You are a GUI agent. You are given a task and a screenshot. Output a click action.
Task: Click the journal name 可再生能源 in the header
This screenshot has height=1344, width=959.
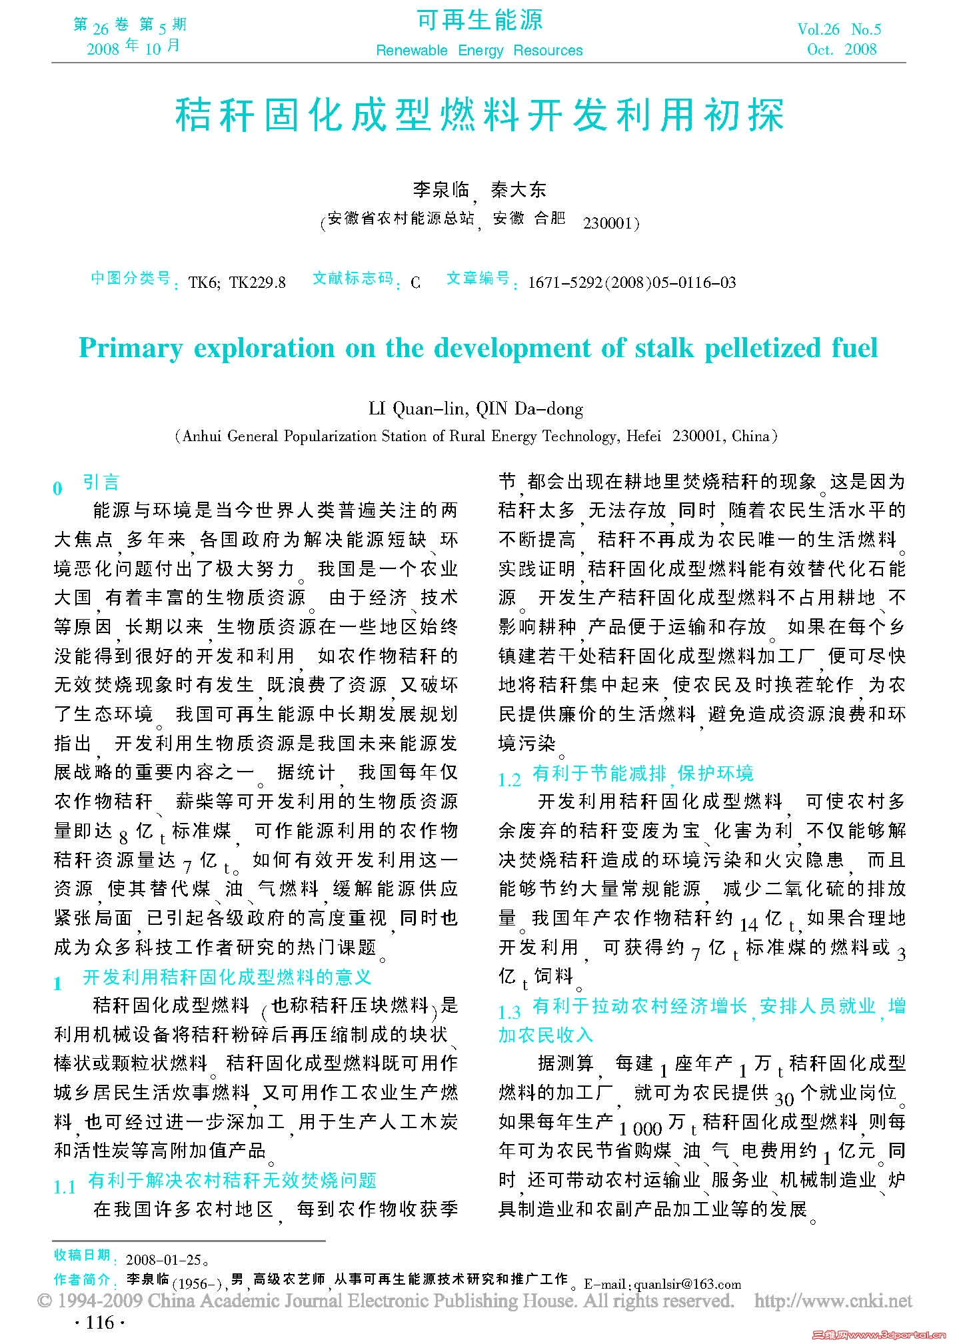click(x=479, y=21)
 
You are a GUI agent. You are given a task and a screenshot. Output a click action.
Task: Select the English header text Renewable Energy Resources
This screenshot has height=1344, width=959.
click(x=479, y=51)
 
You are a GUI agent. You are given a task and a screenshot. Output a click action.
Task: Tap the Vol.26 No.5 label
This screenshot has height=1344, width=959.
click(x=838, y=29)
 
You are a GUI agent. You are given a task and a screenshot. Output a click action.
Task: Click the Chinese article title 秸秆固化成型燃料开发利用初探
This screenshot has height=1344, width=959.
click(x=479, y=115)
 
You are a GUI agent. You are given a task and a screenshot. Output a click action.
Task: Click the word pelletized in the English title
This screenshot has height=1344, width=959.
click(x=762, y=348)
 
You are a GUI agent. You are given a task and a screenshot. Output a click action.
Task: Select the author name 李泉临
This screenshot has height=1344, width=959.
click(x=441, y=190)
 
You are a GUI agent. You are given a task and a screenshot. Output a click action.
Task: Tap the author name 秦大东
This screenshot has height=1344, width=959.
click(x=518, y=190)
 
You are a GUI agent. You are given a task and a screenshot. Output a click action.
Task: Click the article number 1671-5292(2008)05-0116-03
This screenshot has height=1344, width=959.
click(x=631, y=283)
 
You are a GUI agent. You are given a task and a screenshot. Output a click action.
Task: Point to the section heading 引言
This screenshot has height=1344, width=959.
click(x=101, y=482)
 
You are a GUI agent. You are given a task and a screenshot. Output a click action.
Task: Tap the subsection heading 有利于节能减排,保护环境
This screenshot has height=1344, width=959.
click(x=643, y=773)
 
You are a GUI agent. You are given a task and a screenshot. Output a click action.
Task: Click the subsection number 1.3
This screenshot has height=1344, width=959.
click(x=509, y=1013)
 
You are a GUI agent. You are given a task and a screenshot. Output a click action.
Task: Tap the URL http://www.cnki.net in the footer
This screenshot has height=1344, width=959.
click(x=833, y=1301)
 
